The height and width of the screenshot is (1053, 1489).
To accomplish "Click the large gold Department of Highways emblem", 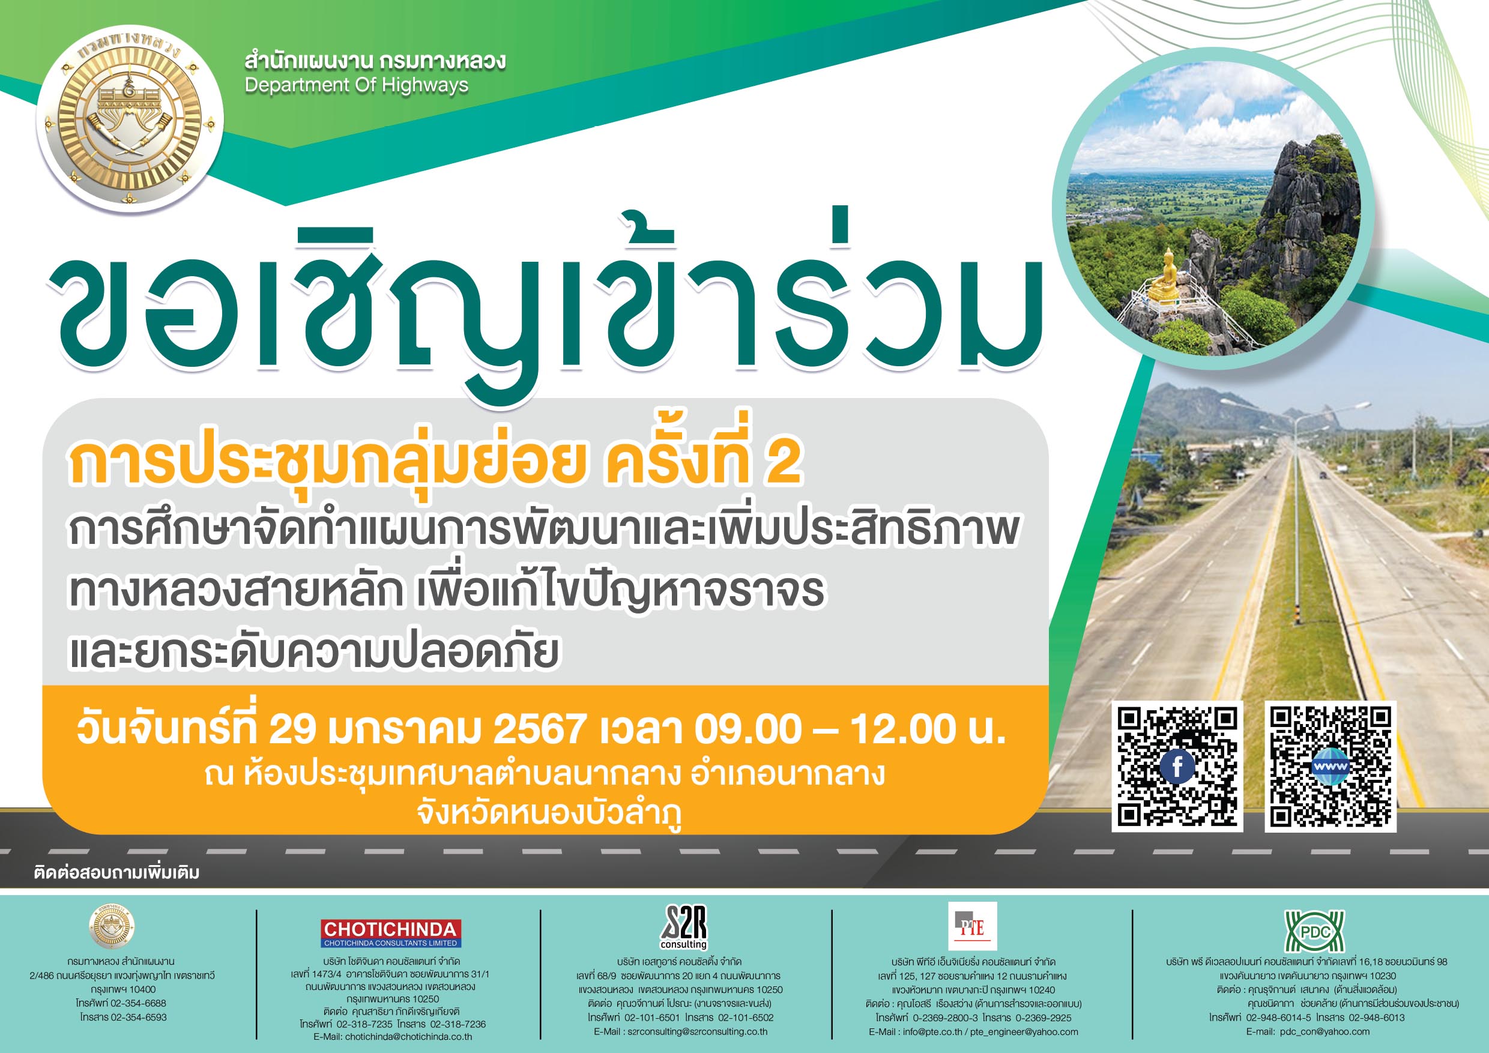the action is pyautogui.click(x=130, y=120).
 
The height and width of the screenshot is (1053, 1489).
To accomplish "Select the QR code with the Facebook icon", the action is pyautogui.click(x=1177, y=767).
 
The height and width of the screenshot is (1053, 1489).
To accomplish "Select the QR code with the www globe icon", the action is pyautogui.click(x=1330, y=767).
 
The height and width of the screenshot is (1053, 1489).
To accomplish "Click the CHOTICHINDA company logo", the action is pyautogui.click(x=391, y=933).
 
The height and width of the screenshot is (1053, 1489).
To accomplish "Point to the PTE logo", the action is pyautogui.click(x=972, y=926).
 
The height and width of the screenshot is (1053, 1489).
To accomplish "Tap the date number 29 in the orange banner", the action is pyautogui.click(x=292, y=729).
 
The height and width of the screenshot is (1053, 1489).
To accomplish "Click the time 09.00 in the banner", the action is pyautogui.click(x=748, y=729).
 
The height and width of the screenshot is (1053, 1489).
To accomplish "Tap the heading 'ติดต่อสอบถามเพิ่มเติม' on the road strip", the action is pyautogui.click(x=116, y=872).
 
